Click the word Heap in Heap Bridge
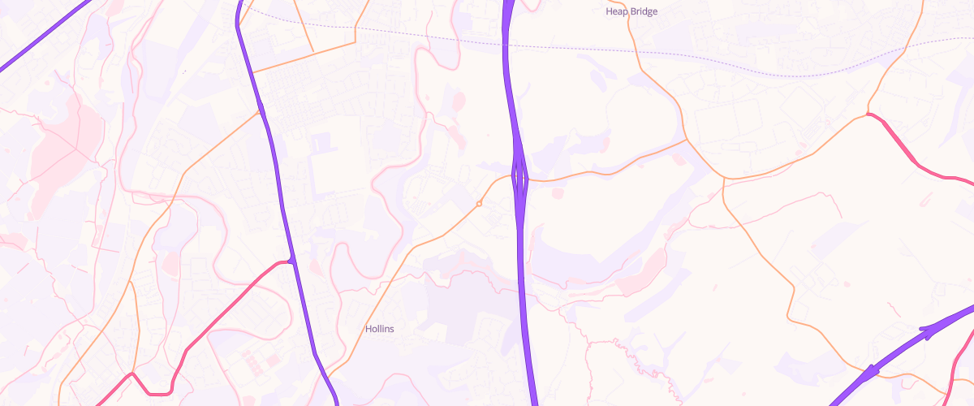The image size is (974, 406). (616, 11)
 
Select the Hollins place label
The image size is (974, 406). (379, 329)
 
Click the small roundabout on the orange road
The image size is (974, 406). (479, 203)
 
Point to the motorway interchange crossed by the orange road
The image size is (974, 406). (519, 175)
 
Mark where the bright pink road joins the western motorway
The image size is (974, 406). (291, 261)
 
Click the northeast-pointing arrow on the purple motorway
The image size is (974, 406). (925, 331)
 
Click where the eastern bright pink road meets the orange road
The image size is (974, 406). (868, 114)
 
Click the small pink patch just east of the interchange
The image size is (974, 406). (557, 193)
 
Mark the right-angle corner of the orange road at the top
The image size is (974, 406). (355, 41)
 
